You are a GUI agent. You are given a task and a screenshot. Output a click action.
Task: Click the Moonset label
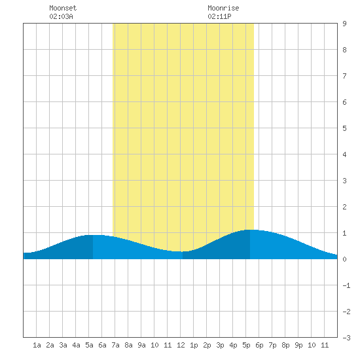tap(63, 8)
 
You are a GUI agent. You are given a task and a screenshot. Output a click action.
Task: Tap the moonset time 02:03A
tap(61, 16)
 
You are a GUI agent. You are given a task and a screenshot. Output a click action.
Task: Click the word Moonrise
tap(223, 8)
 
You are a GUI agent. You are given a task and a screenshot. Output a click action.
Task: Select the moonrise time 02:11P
tap(219, 16)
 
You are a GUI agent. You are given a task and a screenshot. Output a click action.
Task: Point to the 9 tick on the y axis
tap(344, 24)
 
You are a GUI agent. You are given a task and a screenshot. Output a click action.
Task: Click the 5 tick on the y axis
tap(344, 128)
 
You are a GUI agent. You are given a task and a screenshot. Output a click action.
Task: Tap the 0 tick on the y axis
tap(344, 259)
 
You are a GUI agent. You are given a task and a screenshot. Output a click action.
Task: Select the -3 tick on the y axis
tap(346, 338)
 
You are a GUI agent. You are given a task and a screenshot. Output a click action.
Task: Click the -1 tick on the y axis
tap(346, 285)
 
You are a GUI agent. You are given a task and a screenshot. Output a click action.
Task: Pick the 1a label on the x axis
tap(37, 345)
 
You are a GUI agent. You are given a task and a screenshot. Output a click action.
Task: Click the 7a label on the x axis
tap(115, 345)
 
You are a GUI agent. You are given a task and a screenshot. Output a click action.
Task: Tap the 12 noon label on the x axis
tap(181, 345)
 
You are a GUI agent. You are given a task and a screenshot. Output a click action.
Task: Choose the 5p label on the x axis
tap(246, 345)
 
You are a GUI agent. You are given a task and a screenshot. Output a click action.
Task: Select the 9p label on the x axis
tap(298, 345)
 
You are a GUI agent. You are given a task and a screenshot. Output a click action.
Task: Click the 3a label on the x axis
tap(63, 345)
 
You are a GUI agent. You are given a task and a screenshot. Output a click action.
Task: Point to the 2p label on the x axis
tap(207, 345)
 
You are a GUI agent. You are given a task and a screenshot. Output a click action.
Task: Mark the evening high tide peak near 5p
tap(250, 230)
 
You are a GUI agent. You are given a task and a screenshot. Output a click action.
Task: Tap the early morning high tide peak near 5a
tap(93, 235)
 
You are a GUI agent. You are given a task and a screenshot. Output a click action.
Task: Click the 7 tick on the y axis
tap(344, 76)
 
